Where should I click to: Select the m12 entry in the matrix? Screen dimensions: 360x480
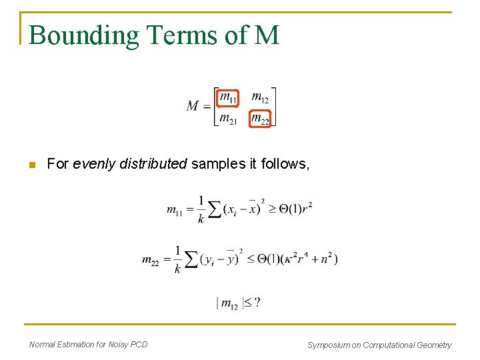260,98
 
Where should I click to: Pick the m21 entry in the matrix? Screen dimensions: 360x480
228,119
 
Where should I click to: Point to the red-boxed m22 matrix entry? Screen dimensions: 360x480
260,119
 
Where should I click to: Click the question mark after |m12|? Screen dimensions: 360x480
257,303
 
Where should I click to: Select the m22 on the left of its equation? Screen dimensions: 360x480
150,260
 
